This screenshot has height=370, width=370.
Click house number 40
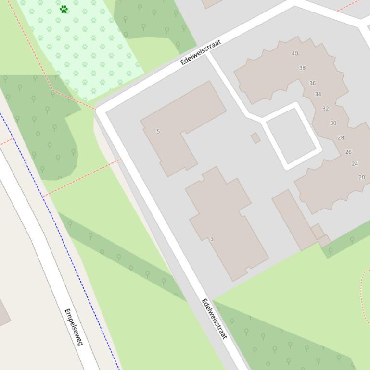pos(295,53)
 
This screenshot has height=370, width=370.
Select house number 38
pos(303,68)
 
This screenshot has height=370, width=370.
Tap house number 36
pos(312,83)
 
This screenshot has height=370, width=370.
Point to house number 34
pos(318,94)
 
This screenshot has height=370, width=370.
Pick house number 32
pos(326,109)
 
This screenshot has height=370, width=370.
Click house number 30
pos(333,123)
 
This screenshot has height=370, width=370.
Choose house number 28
pos(341,137)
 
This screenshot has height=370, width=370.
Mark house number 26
pos(348,152)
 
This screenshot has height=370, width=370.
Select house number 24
pos(355,164)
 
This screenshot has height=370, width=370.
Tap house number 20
pos(362,177)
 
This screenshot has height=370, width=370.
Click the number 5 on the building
pos(158,131)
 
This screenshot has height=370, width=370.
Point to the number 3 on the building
pos(212,239)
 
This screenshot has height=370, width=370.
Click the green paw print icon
pos(64,9)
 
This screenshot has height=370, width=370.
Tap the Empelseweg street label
pos(74,327)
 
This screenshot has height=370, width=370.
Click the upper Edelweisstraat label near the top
pos(201,52)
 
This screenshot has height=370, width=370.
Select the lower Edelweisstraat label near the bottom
pos(214,319)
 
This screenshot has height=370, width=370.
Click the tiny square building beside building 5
pos(255,138)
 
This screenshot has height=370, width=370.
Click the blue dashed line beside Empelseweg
pos(58,231)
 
